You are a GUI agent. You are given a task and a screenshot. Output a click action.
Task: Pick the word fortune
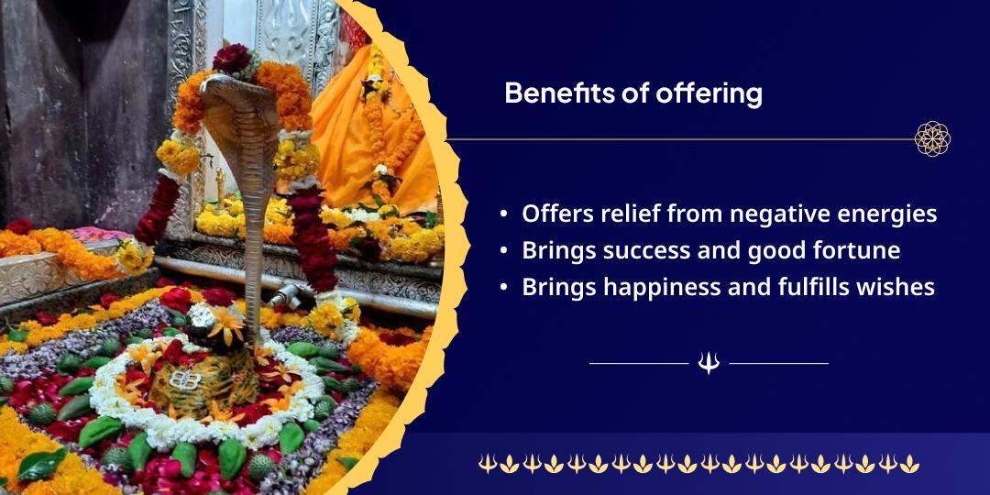853,250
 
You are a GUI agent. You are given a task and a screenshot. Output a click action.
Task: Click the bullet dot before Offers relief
503,214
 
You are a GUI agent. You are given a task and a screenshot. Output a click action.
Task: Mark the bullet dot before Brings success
503,250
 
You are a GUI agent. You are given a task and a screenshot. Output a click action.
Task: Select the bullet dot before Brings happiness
503,287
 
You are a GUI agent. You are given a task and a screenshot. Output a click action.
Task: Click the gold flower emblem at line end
932,138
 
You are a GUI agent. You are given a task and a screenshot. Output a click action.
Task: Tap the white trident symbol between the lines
709,363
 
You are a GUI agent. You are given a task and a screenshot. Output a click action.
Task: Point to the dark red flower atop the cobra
231,58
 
